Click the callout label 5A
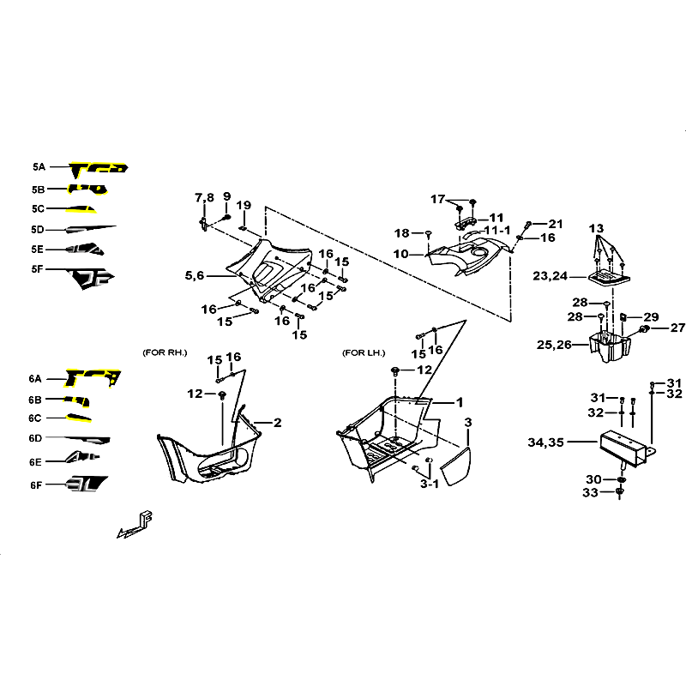(x=38, y=168)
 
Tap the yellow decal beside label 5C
(x=83, y=209)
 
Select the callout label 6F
(x=35, y=484)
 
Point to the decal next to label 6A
(x=94, y=377)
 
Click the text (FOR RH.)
(x=165, y=352)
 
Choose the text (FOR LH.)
(x=364, y=352)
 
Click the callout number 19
(x=244, y=205)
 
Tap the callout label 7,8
(x=204, y=198)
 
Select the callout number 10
(x=401, y=254)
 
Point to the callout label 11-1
(x=496, y=231)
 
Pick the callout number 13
(x=597, y=228)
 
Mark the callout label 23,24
(x=551, y=276)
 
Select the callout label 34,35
(x=545, y=442)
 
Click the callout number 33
(x=591, y=493)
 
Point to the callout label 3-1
(x=429, y=484)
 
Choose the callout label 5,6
(x=196, y=276)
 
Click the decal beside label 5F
(x=93, y=278)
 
